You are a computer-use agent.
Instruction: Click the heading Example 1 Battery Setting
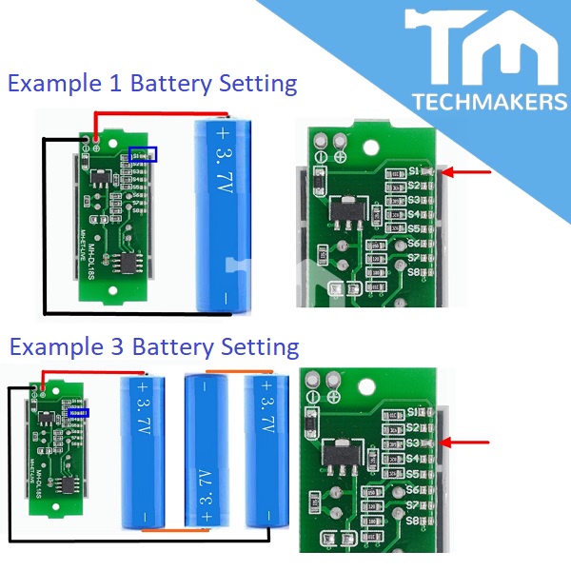tap(152, 84)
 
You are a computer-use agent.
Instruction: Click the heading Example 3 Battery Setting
tap(153, 345)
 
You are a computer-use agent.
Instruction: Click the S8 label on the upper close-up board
tap(414, 272)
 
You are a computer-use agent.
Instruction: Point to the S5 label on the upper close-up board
tap(414, 228)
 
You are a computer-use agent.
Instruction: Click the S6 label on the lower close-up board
tap(414, 488)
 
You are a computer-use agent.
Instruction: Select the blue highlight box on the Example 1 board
tap(145, 153)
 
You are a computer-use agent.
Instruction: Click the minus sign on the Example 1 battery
tap(223, 298)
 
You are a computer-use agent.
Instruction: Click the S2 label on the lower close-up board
tap(414, 427)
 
